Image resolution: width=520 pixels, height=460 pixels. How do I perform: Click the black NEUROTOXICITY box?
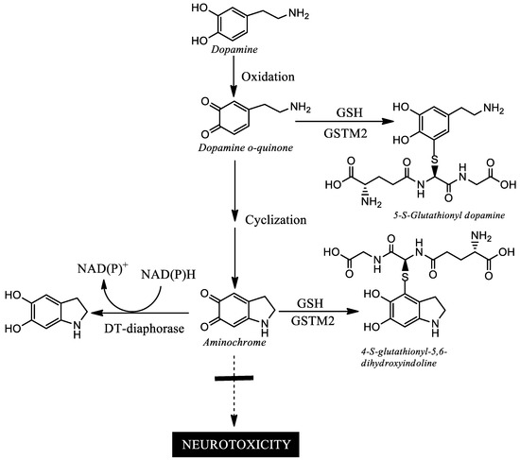[x=234, y=440]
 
